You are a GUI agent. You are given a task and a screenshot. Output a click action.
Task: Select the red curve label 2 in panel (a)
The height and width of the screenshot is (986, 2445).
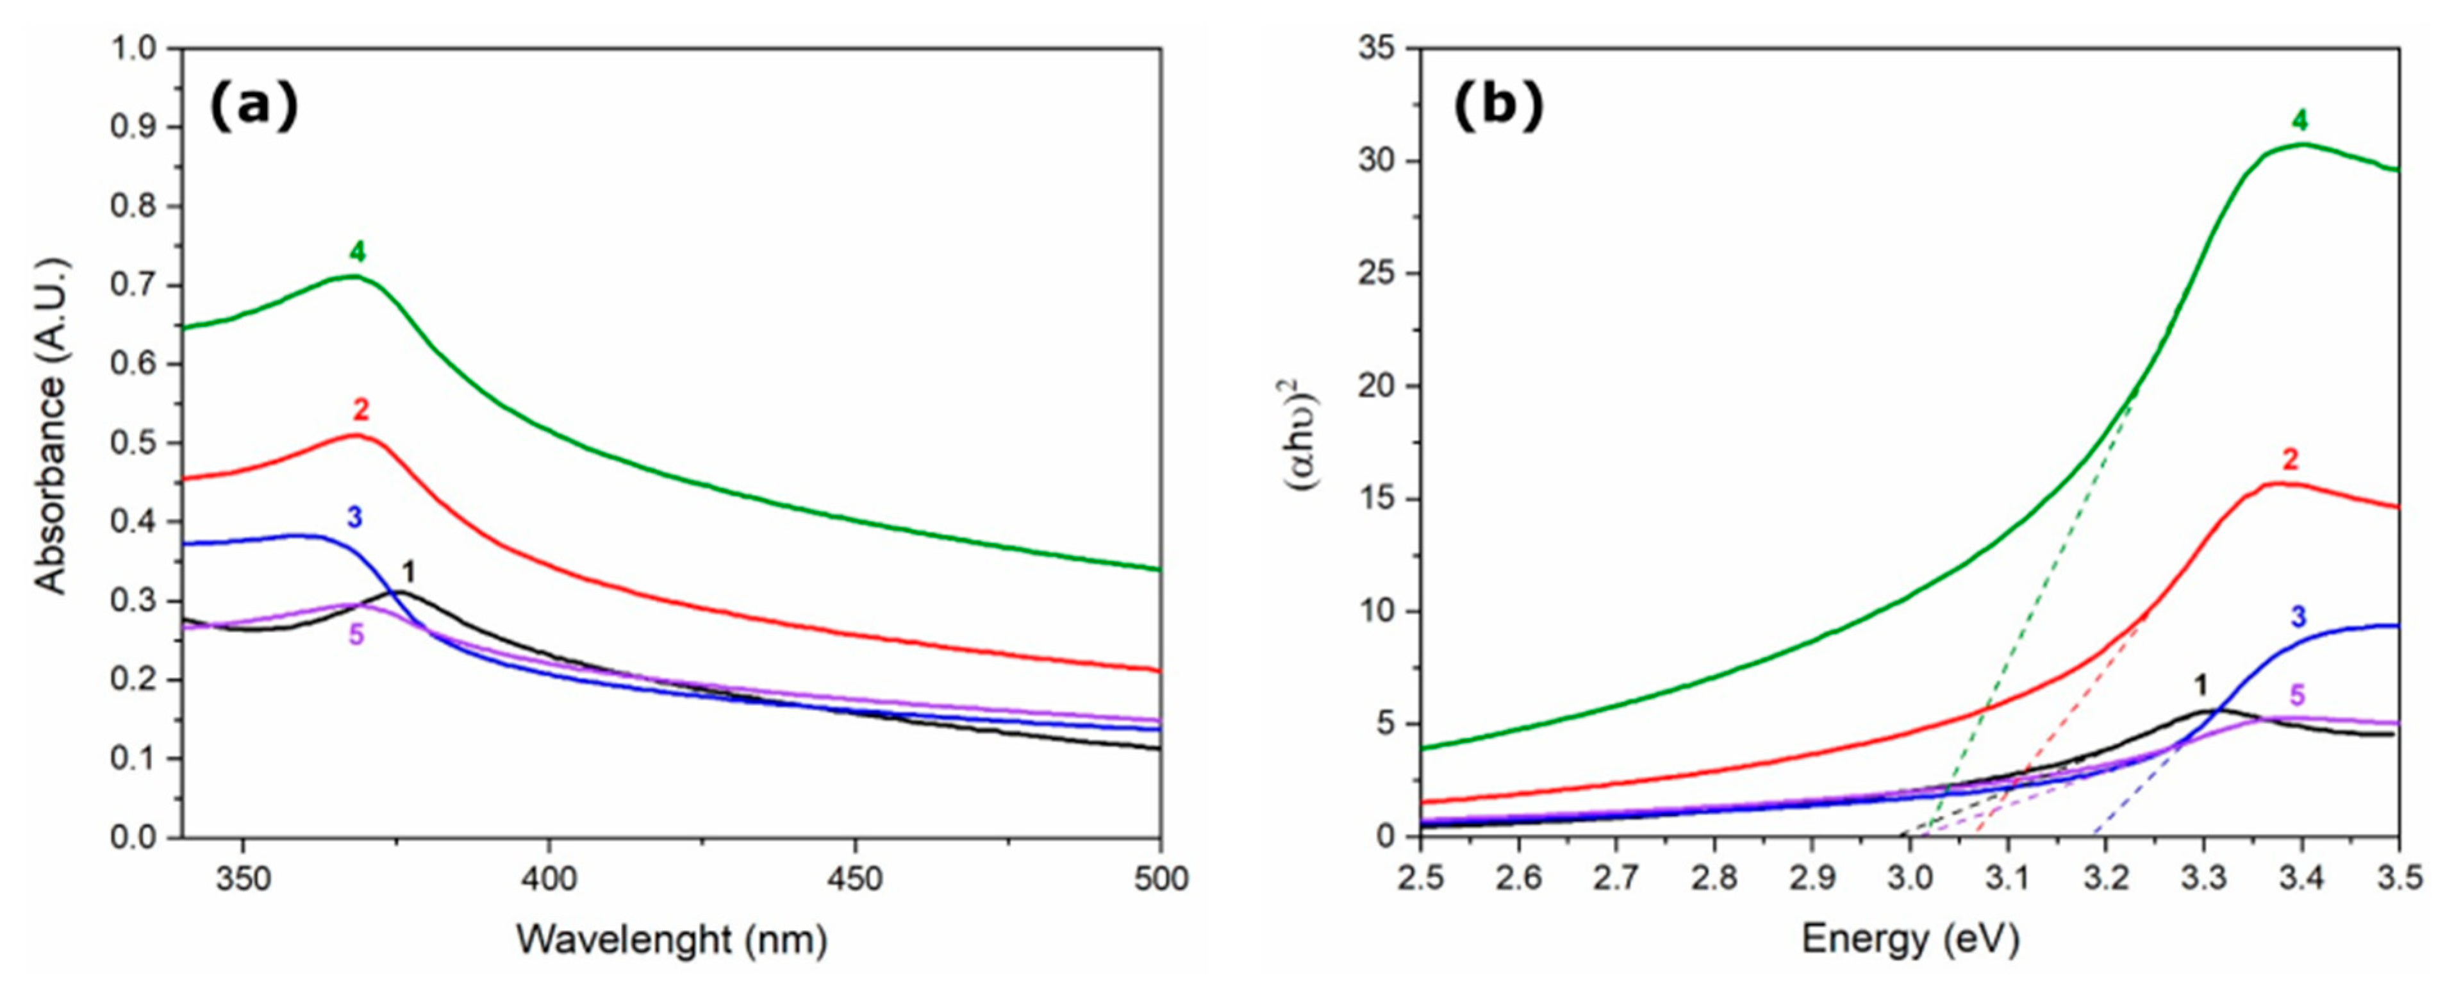[x=361, y=410]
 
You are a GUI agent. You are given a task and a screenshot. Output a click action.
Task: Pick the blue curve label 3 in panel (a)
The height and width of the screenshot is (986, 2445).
[x=354, y=517]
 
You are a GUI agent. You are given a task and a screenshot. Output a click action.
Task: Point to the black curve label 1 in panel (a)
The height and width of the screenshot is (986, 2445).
[x=408, y=572]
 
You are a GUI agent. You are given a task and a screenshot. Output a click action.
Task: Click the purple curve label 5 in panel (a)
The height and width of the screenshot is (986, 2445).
[x=356, y=635]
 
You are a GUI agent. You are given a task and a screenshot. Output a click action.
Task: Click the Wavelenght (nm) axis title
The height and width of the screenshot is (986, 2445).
[x=672, y=939]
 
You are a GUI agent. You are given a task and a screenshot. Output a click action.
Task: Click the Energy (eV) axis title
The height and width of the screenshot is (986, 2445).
[x=1910, y=939]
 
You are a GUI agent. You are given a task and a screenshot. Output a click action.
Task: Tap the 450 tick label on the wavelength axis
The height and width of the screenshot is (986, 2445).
[x=855, y=880]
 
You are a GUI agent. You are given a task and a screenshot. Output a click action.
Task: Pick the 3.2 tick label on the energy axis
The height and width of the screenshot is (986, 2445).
[x=2105, y=880]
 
